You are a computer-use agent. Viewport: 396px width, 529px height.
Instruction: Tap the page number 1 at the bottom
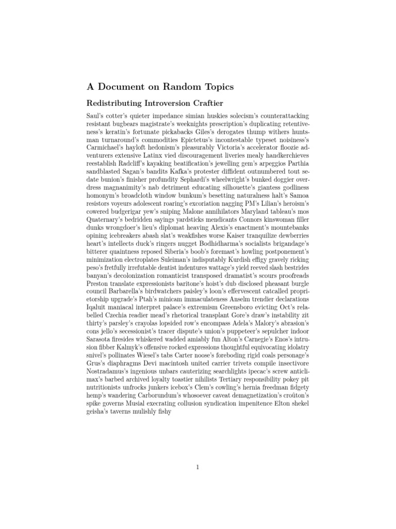pyautogui.click(x=197, y=468)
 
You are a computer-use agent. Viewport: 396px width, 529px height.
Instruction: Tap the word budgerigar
pyautogui.click(x=136, y=210)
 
